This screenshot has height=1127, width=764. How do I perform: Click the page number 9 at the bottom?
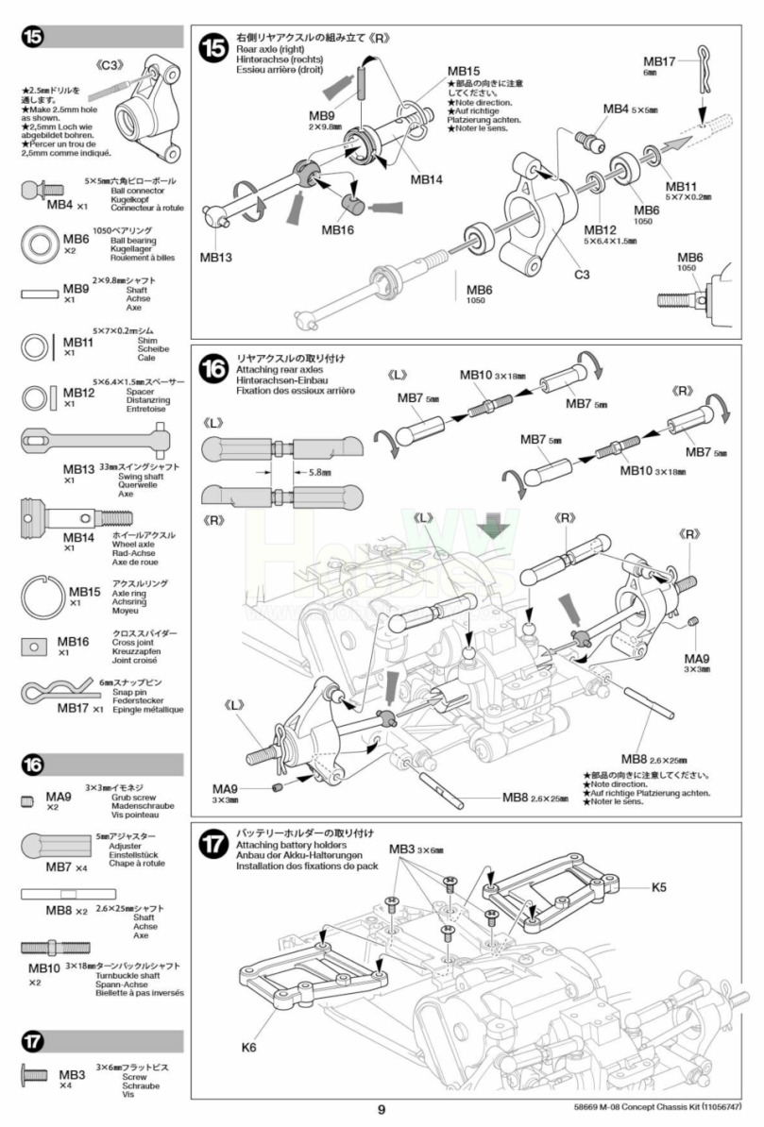pyautogui.click(x=381, y=1109)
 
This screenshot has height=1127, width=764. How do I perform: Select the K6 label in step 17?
pyautogui.click(x=248, y=1046)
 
